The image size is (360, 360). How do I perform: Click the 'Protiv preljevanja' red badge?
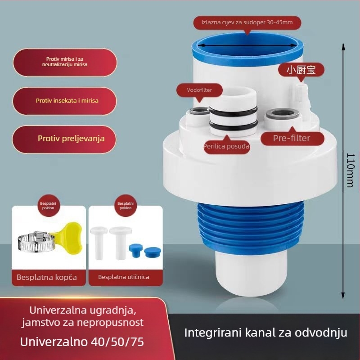(65, 139)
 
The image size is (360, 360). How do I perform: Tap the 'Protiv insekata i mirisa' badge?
(65, 101)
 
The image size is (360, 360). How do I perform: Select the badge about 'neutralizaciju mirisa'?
(65, 62)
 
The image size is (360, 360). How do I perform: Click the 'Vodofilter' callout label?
(199, 90)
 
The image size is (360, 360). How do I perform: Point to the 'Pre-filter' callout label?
(292, 138)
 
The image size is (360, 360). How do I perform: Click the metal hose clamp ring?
(34, 243)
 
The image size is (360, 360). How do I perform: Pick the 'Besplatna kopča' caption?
(47, 277)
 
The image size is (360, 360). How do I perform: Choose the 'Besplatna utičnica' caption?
(124, 277)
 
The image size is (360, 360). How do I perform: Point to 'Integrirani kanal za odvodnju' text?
(266, 333)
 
